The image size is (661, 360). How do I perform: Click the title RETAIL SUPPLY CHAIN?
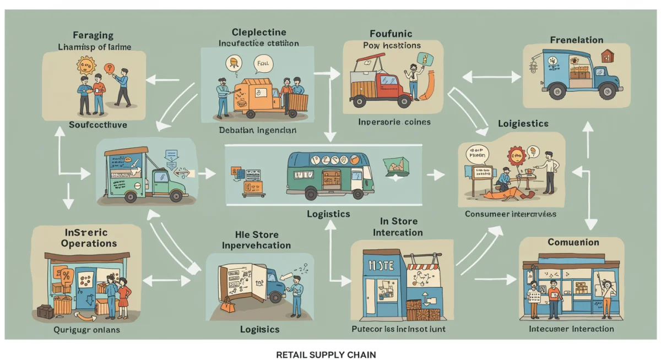click(326, 354)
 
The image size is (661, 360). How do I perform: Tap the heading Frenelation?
click(576, 40)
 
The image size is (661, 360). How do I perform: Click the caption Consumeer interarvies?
click(510, 214)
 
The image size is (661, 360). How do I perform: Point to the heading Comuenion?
click(573, 242)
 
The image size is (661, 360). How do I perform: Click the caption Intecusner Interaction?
click(571, 329)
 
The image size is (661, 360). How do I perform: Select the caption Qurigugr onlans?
click(87, 330)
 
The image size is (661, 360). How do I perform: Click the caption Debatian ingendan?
click(257, 130)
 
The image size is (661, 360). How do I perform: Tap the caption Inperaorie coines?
click(394, 122)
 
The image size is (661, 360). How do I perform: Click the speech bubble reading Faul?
click(263, 65)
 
